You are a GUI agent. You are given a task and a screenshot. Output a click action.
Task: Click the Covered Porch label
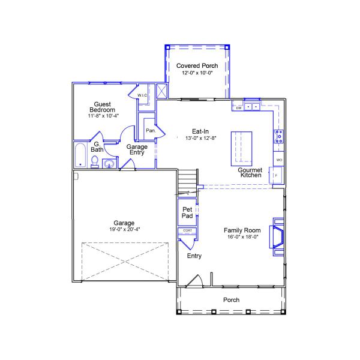click(x=197, y=65)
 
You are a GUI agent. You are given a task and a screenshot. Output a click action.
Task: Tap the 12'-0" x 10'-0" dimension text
click(x=197, y=73)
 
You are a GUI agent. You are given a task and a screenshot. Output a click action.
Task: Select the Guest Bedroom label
click(x=103, y=107)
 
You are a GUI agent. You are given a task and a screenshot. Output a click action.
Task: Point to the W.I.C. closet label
click(x=142, y=95)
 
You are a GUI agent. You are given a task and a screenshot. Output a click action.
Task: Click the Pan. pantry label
click(x=151, y=130)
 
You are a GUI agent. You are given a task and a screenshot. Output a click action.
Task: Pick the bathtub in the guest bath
click(x=80, y=155)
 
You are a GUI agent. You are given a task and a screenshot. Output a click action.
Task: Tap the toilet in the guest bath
click(x=95, y=161)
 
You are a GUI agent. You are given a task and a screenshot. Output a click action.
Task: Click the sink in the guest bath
click(x=109, y=164)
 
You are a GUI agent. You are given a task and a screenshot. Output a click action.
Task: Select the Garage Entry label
click(x=137, y=149)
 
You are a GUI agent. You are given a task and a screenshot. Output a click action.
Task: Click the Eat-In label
click(x=200, y=131)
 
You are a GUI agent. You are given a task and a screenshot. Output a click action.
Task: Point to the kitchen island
click(x=241, y=149)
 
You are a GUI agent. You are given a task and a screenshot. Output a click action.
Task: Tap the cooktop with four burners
click(x=279, y=136)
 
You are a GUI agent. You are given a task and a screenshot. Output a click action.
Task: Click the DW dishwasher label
click(x=239, y=108)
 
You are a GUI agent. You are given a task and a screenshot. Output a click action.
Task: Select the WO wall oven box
click(x=278, y=159)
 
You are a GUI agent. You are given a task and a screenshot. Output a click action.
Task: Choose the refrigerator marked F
click(x=277, y=175)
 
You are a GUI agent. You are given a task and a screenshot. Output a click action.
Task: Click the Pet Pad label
click(x=187, y=212)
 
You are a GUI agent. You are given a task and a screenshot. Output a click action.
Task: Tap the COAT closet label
click(x=187, y=230)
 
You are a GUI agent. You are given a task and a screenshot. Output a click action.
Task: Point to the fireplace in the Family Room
click(x=278, y=237)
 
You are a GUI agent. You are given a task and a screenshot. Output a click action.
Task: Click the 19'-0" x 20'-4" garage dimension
click(x=124, y=229)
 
